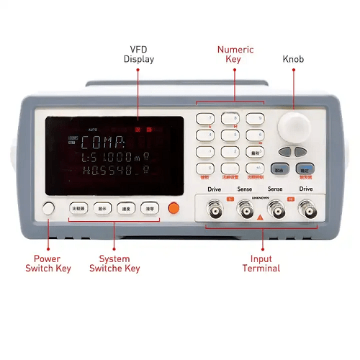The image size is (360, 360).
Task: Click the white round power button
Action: [49, 210]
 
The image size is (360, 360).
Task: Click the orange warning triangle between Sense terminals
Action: [260, 217]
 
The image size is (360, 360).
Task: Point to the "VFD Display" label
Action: [138, 54]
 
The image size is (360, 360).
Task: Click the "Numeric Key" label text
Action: [235, 54]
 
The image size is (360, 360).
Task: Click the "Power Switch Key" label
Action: [53, 264]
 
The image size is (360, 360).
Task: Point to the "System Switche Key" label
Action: [115, 264]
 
